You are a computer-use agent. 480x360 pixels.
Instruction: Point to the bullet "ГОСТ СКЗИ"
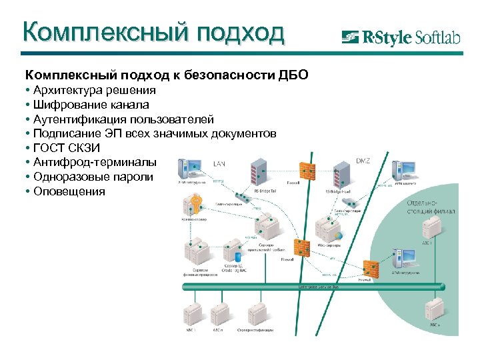pos(65,148)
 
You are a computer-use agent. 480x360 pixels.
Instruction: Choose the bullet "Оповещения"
pos(67,191)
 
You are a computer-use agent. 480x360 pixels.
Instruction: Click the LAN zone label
pos(219,163)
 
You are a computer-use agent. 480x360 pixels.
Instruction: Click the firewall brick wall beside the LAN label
pos(307,168)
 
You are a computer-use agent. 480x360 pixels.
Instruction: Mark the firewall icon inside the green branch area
pos(371,267)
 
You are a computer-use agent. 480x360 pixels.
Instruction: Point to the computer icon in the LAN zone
pos(193,167)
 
